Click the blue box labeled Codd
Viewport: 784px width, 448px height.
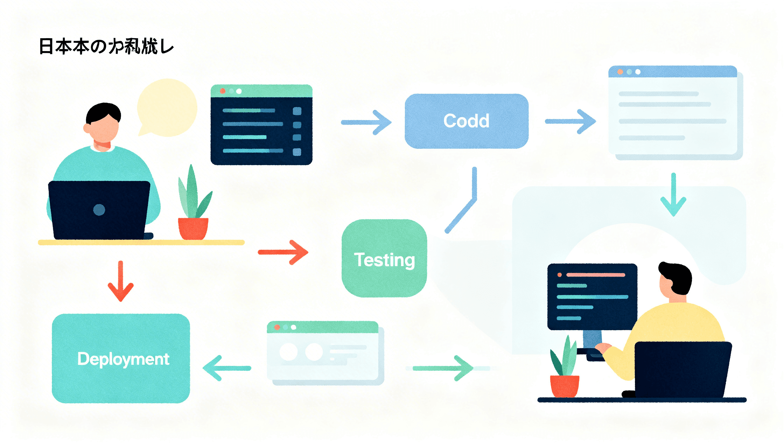coord(466,121)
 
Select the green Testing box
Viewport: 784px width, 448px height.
coord(384,258)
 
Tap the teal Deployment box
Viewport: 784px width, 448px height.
coord(121,358)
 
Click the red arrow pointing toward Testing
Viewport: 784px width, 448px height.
coord(283,252)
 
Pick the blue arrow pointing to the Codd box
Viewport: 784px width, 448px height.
coord(366,123)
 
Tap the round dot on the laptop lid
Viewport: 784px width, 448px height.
coord(99,210)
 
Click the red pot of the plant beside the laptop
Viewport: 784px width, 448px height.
coord(193,228)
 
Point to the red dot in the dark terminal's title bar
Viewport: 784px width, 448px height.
coord(223,91)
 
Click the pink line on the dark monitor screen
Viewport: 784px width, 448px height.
coord(596,275)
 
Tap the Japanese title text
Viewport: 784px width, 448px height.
coord(106,47)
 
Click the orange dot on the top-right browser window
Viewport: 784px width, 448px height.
coord(620,72)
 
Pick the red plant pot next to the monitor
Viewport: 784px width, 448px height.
coord(564,386)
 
